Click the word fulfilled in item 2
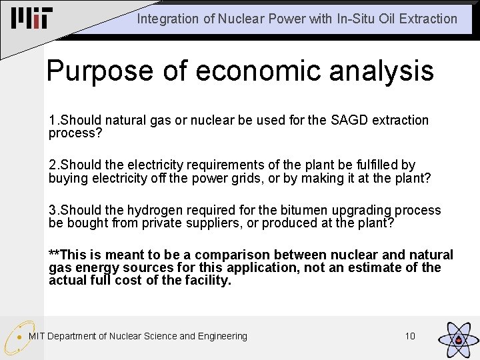[x=374, y=165]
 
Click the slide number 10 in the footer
[x=410, y=336]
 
